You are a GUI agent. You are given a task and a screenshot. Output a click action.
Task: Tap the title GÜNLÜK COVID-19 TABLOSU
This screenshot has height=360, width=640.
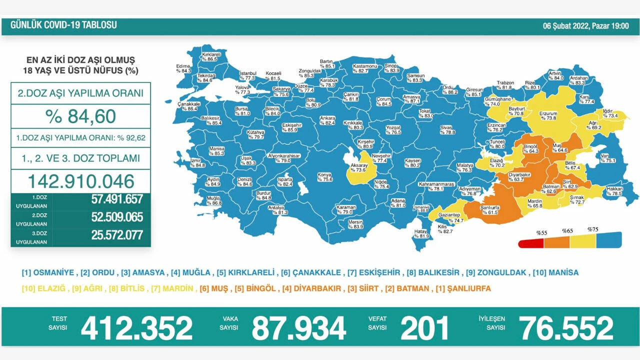pos(63,25)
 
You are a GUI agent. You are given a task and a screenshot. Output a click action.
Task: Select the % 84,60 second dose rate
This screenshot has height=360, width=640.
pos(80,116)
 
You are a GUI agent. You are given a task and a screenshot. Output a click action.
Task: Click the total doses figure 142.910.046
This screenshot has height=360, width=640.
pos(80,181)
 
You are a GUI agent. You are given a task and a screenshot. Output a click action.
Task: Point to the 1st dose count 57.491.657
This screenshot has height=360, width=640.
pos(117,199)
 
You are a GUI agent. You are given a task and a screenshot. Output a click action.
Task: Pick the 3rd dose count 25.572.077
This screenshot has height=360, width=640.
pos(117,235)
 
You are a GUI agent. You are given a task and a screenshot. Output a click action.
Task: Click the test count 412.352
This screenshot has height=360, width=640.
pos(136,328)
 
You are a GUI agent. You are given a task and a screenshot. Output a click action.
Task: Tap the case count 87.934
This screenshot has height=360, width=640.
pos(298,328)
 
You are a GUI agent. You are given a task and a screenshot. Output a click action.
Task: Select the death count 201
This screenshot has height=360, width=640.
pos(424,328)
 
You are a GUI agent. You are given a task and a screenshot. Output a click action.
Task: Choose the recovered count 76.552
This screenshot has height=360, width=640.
pos(566,328)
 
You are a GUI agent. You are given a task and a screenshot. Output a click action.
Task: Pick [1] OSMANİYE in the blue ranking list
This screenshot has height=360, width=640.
pos(48,272)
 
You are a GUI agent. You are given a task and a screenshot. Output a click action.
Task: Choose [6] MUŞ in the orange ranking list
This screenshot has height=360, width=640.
pos(213,288)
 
